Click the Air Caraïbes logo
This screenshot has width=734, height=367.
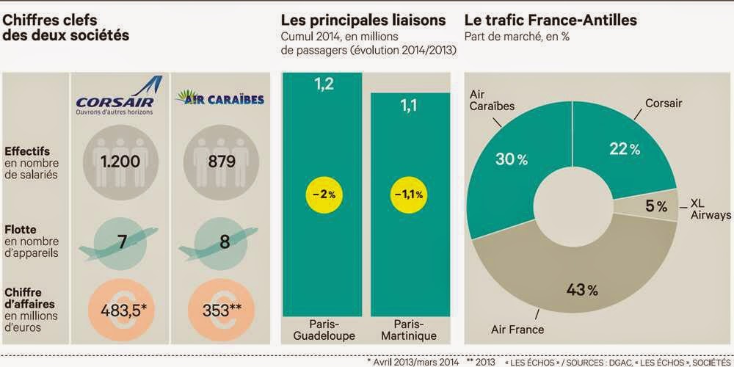(219, 98)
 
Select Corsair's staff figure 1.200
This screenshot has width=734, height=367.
(120, 161)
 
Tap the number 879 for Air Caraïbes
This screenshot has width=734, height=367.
(222, 161)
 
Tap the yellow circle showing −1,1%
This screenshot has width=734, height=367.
(407, 195)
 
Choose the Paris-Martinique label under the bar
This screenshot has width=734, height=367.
(409, 330)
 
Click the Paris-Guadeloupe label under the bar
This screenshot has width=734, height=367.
(324, 330)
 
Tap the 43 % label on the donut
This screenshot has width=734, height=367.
(582, 290)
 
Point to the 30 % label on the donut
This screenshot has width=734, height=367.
(512, 159)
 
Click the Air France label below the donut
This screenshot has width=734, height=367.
(517, 329)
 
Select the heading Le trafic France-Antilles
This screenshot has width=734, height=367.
(550, 21)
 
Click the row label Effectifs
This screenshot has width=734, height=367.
(27, 152)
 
